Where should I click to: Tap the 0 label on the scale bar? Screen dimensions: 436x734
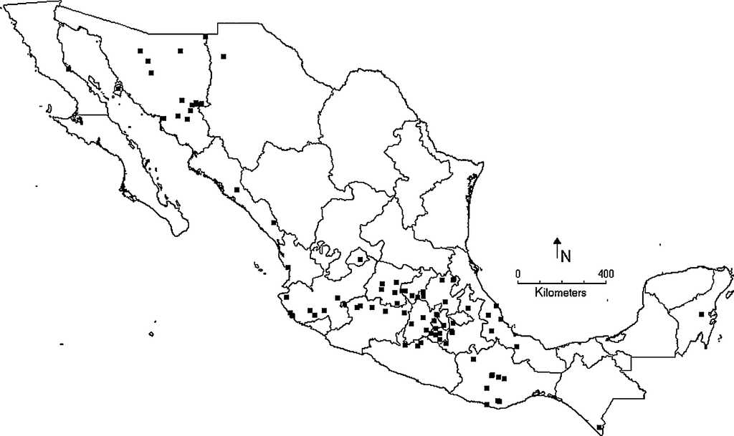(x=518, y=273)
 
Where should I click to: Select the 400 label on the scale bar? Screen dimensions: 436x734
(x=606, y=273)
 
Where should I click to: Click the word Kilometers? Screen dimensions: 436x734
(x=561, y=293)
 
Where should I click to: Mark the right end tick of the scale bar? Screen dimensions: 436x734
(x=606, y=282)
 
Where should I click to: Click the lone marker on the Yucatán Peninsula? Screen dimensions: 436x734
(x=701, y=314)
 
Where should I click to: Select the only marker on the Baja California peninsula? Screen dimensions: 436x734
(x=69, y=69)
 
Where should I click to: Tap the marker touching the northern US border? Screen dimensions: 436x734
(x=206, y=37)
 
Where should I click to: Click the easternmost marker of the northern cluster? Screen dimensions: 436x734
(x=224, y=56)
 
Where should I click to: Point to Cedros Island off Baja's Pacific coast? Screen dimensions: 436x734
(x=49, y=110)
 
